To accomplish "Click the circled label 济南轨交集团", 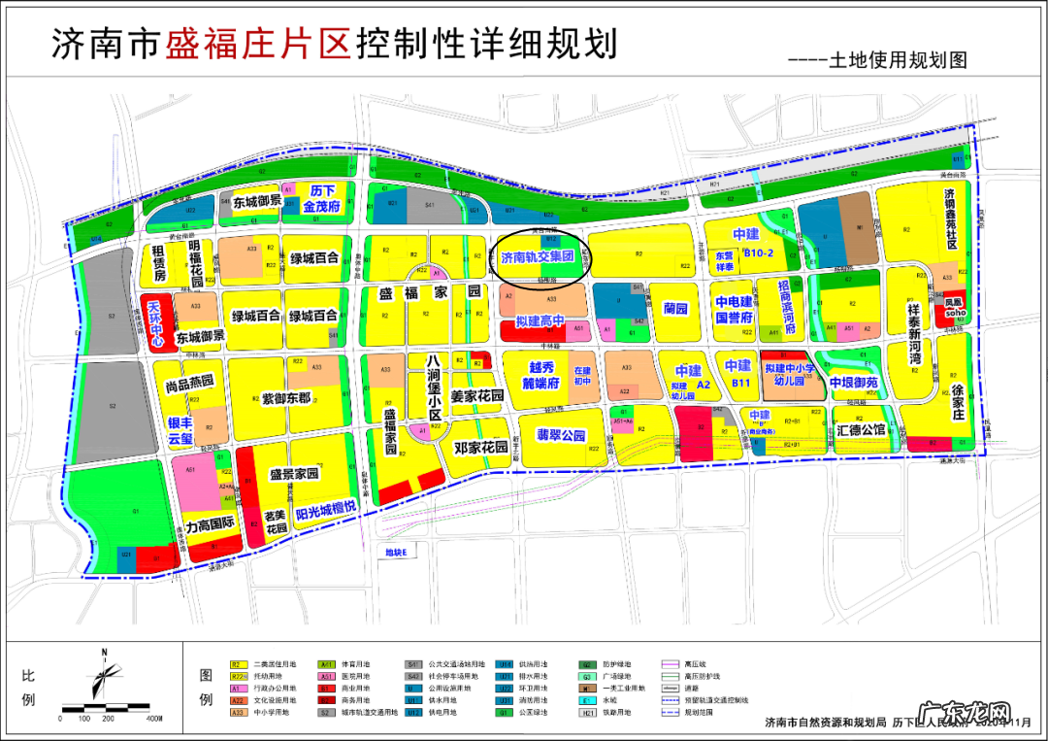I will [x=538, y=257].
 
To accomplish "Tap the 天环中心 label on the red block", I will [x=155, y=323].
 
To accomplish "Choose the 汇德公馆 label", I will [x=860, y=428].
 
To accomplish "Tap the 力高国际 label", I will [x=211, y=525].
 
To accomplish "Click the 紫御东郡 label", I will [x=286, y=398].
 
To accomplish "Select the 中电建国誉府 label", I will [x=735, y=309].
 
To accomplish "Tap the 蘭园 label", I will [x=675, y=309].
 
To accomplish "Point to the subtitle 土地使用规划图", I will [x=898, y=60].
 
